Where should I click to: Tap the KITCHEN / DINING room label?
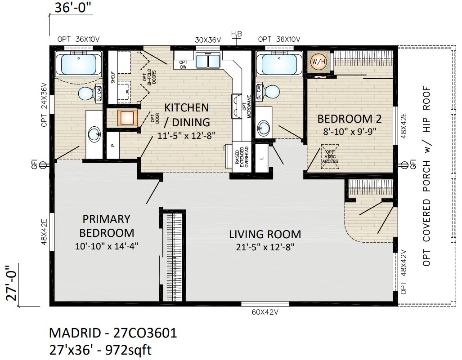pyautogui.click(x=187, y=115)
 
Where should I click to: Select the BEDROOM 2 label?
pyautogui.click(x=349, y=119)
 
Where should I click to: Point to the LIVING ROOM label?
pyautogui.click(x=265, y=234)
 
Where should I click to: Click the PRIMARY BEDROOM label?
pyautogui.click(x=106, y=226)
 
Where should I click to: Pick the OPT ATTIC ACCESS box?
pyautogui.click(x=330, y=157)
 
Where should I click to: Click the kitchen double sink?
pyautogui.click(x=207, y=60)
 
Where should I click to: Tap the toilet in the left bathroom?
pyautogui.click(x=86, y=93)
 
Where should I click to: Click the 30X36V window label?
pyautogui.click(x=208, y=40)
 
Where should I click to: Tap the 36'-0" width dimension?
pyautogui.click(x=72, y=8)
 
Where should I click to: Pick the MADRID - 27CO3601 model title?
pyautogui.click(x=112, y=333)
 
